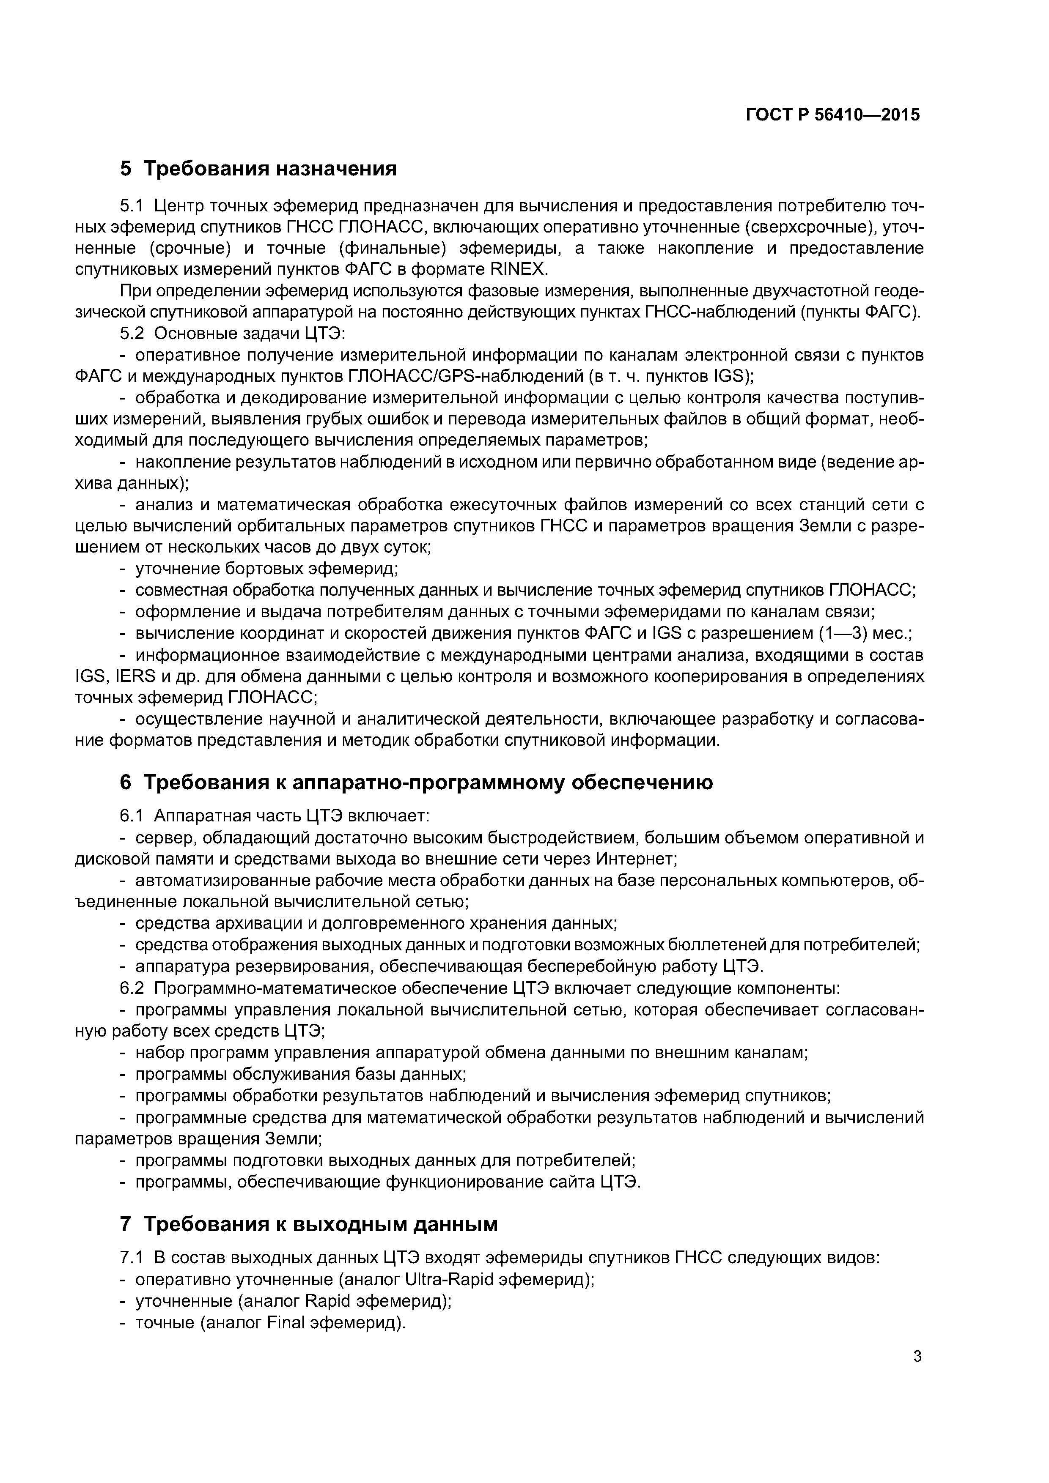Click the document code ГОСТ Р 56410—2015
click(x=832, y=115)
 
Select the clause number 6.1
click(x=132, y=816)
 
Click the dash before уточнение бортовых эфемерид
click(x=124, y=569)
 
